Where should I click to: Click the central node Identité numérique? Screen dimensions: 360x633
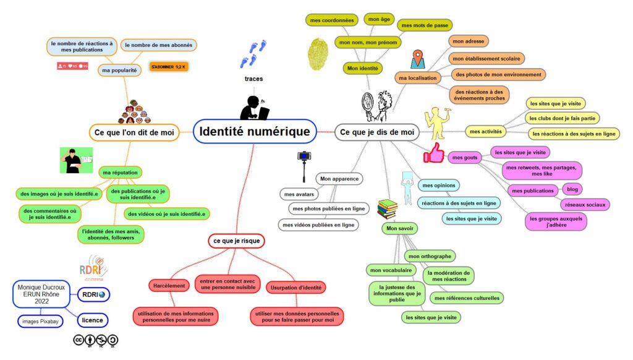click(x=254, y=132)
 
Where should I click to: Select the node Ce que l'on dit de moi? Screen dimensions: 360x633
click(x=134, y=132)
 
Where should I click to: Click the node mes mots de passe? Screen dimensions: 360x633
click(x=425, y=25)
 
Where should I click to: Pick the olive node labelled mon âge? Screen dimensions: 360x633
click(x=380, y=20)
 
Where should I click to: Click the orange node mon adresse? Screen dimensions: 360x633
click(x=468, y=41)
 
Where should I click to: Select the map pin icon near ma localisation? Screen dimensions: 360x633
click(x=418, y=59)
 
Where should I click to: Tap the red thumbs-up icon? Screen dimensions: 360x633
click(x=434, y=153)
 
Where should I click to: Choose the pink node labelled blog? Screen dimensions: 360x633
click(x=572, y=189)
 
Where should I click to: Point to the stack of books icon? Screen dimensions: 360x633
click(x=387, y=209)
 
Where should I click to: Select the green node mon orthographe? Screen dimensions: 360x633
click(x=430, y=256)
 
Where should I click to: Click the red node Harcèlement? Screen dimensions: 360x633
click(x=169, y=286)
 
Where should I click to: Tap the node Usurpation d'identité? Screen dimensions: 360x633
click(x=297, y=288)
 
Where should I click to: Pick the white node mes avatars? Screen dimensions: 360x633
click(x=299, y=194)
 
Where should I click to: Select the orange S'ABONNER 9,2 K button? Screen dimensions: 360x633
click(x=169, y=66)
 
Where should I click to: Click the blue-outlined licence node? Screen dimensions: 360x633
click(x=93, y=320)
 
